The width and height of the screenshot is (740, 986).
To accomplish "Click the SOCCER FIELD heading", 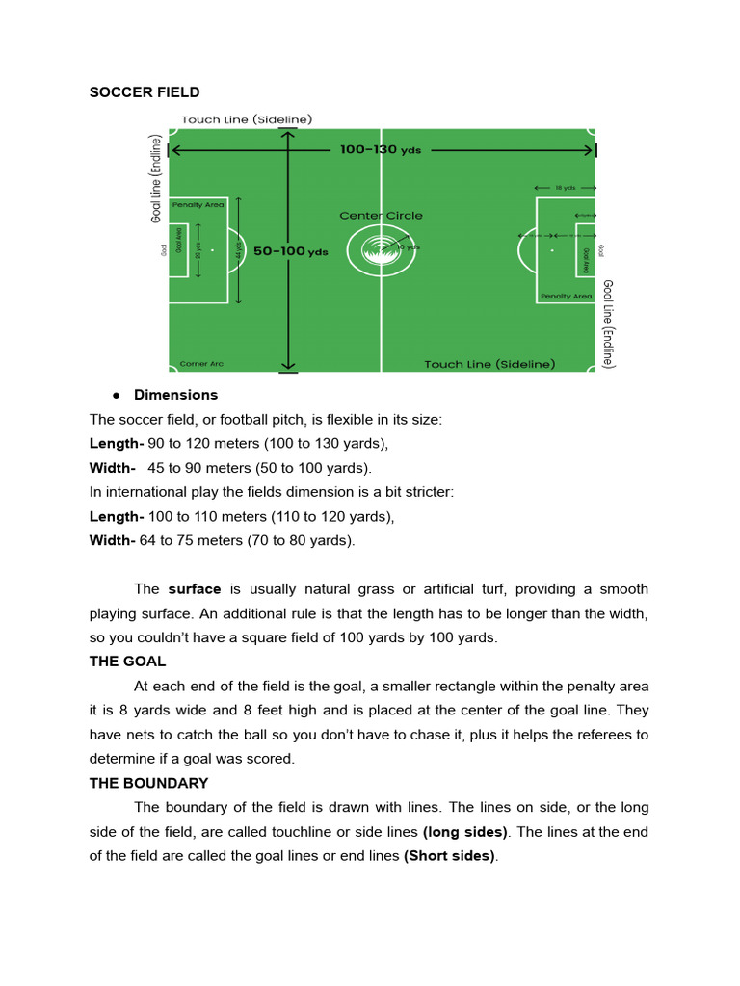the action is point(145,92).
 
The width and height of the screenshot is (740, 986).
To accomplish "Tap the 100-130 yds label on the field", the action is point(381,150).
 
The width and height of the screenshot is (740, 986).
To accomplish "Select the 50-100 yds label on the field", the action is point(291,251).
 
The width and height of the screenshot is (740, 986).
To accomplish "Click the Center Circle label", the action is point(381,216).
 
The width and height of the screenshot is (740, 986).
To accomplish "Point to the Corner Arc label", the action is point(201,364).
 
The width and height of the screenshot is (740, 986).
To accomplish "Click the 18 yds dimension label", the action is point(565,188).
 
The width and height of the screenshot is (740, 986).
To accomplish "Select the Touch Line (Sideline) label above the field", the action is point(247,119).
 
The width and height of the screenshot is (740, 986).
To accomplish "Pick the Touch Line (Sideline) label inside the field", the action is point(489,364).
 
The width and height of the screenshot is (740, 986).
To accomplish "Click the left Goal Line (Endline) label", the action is point(156,178).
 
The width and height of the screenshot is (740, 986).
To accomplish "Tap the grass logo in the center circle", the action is point(381,250).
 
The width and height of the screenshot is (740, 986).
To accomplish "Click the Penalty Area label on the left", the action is point(198,205).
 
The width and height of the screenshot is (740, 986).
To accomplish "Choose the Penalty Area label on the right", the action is point(566,297).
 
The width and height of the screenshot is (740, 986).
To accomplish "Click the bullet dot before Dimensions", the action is point(116,395).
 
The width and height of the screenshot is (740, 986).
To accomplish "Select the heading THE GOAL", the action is point(127,662).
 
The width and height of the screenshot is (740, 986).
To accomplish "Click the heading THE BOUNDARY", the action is point(148,783).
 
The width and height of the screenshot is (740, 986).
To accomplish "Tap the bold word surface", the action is point(195,588).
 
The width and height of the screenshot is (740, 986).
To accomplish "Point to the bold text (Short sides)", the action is point(450,855).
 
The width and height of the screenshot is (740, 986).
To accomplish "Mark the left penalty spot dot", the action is point(212,250).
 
